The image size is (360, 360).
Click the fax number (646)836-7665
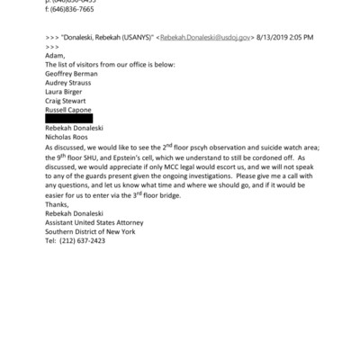pyautogui.click(x=77, y=10)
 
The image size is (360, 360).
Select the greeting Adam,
pyautogui.click(x=57, y=56)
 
